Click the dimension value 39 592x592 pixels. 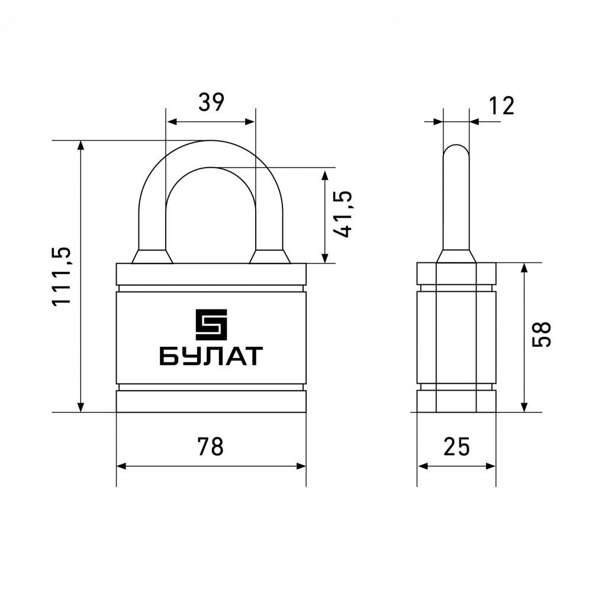point(211,102)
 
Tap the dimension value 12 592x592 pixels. point(502,106)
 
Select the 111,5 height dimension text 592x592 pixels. point(61,276)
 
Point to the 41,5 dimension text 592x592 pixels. point(342,214)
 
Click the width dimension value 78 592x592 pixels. point(211,446)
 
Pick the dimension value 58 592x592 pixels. point(541,334)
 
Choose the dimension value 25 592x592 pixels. point(456,446)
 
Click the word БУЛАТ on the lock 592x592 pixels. point(211,356)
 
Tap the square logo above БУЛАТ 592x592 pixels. point(211,324)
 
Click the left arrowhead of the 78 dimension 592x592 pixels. point(121,466)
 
